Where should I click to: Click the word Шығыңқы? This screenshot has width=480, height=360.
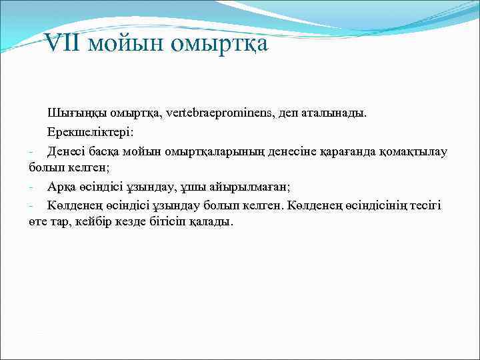click(71, 113)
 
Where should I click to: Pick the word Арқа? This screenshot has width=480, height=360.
click(61, 186)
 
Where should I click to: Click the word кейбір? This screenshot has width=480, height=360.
click(100, 222)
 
